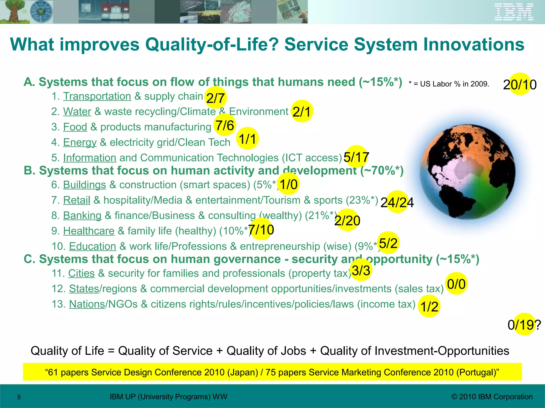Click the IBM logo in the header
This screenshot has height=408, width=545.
(514, 12)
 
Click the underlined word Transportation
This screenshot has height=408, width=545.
(97, 96)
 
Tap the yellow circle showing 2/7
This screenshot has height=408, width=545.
(216, 98)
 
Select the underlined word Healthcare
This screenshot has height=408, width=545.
(89, 231)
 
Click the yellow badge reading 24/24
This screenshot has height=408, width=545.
(397, 202)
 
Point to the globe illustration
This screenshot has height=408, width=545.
(467, 172)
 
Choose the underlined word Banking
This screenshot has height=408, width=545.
(82, 215)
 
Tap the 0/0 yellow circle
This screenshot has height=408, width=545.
(456, 284)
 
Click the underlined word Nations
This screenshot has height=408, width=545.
(87, 304)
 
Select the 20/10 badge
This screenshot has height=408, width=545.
(520, 84)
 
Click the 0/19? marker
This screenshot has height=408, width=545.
(524, 325)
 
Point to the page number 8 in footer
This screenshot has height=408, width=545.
(19, 397)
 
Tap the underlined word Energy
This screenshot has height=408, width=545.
(80, 142)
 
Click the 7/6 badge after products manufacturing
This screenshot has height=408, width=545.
(225, 125)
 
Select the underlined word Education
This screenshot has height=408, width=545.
(93, 246)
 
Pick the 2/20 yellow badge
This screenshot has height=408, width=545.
(347, 220)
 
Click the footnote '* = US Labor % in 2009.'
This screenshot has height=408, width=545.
(449, 84)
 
